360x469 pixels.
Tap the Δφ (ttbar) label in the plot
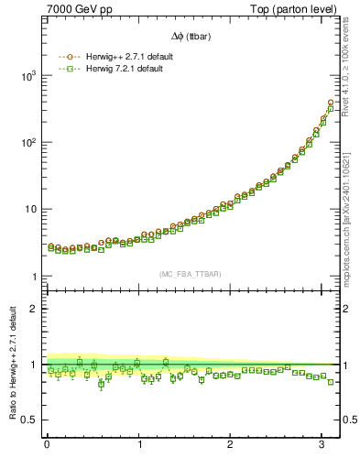[x=191, y=36]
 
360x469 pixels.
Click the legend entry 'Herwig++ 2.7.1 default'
[x=125, y=56]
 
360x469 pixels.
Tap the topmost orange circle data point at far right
[x=331, y=102]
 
